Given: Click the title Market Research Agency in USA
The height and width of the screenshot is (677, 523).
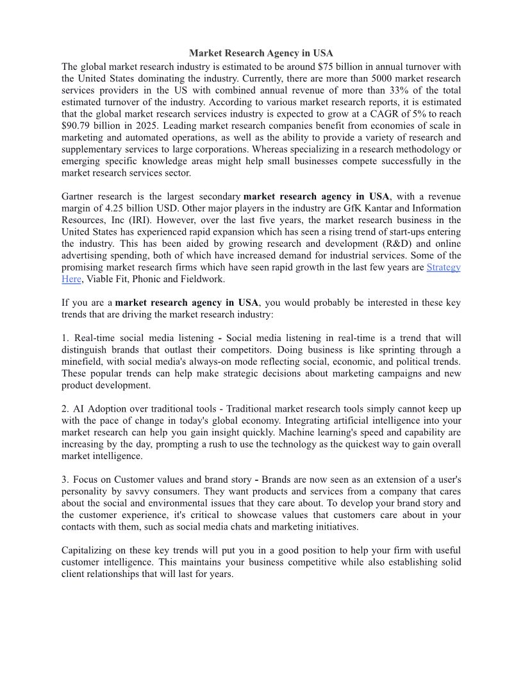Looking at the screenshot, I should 261,53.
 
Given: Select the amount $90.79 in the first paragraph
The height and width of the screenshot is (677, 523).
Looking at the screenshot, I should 77,126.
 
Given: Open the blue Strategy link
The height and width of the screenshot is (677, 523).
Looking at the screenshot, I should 444,267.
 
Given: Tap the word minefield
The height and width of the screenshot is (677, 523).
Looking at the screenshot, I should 83,362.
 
